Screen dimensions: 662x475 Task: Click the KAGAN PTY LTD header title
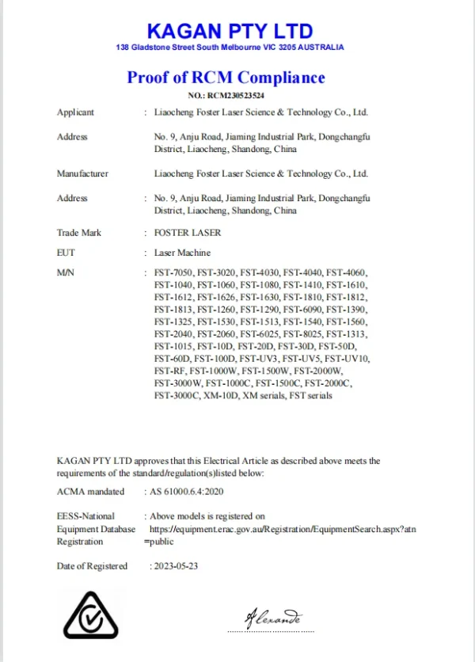click(230, 32)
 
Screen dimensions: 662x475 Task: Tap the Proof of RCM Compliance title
click(226, 78)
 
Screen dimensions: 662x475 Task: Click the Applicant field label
click(75, 112)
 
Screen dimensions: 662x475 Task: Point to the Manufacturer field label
click(82, 173)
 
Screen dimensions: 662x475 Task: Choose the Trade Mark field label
click(79, 233)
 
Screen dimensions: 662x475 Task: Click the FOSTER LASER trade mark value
click(188, 233)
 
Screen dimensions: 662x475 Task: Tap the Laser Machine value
click(182, 253)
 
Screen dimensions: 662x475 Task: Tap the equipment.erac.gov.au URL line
click(282, 528)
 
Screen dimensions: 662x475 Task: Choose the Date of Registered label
click(92, 566)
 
